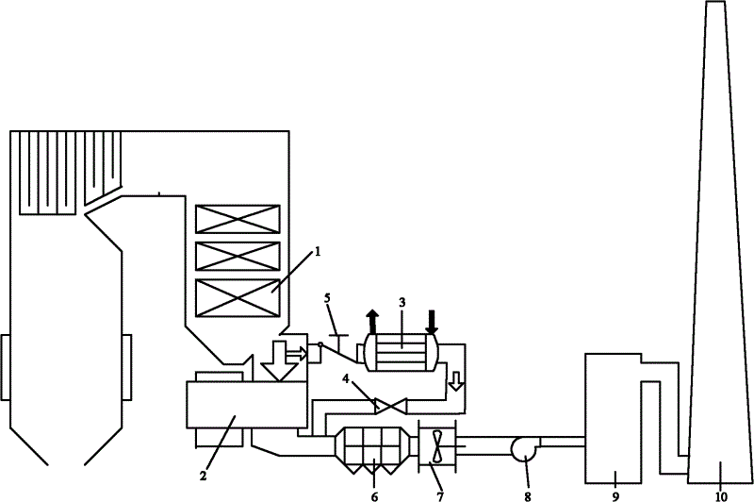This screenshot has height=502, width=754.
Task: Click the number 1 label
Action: [x=318, y=252]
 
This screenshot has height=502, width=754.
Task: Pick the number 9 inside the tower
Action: [x=614, y=476]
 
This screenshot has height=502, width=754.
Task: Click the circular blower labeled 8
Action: [x=524, y=447]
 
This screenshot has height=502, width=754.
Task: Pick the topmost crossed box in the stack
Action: [x=237, y=219]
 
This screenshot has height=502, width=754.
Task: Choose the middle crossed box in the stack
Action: [x=237, y=255]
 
